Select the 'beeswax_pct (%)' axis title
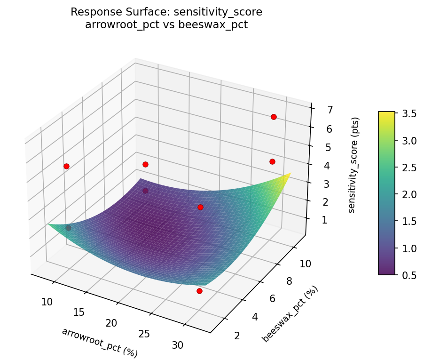[x=290, y=314]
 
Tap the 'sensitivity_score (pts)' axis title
[x=355, y=165]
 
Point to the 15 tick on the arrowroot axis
[x=79, y=312]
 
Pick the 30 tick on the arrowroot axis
[x=177, y=345]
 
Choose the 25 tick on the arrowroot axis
[x=144, y=334]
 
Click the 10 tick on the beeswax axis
[x=305, y=264]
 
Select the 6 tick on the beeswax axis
[x=274, y=298]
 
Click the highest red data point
[x=274, y=117]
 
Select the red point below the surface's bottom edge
[x=199, y=291]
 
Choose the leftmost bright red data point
[x=66, y=166]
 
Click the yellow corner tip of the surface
[x=290, y=173]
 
